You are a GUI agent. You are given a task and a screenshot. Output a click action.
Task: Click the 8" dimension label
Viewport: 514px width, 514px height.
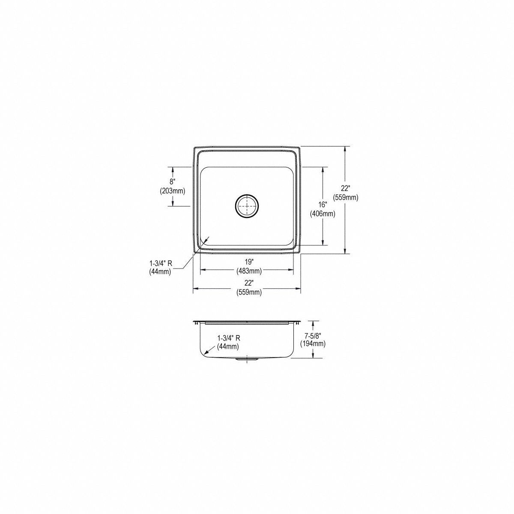click(x=173, y=182)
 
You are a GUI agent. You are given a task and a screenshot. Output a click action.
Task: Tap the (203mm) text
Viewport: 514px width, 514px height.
click(x=173, y=191)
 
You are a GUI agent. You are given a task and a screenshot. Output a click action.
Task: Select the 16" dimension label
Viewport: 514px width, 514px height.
click(x=323, y=205)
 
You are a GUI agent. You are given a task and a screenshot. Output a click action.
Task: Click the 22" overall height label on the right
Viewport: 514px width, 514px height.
click(x=346, y=189)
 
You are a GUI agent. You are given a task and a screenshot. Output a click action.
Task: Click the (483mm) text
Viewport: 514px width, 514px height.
click(x=248, y=271)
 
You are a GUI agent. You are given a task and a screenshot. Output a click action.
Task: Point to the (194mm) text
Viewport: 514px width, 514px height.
click(x=313, y=344)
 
